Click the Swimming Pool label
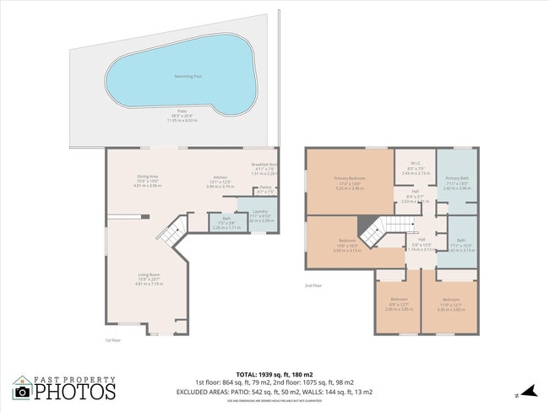pos(188,76)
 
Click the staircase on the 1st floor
pos(173,230)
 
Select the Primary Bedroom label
pos(349,179)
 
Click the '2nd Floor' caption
pos(314,286)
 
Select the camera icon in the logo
pos(22,391)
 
